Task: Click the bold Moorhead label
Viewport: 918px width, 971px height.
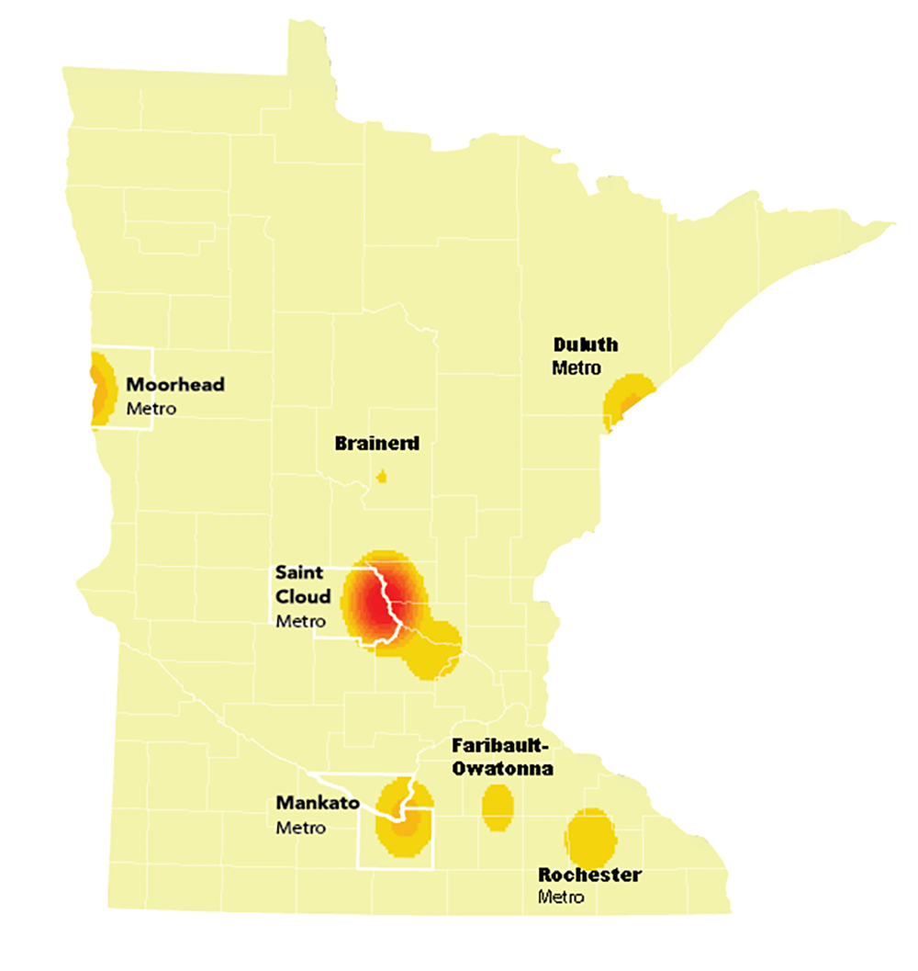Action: click(x=174, y=385)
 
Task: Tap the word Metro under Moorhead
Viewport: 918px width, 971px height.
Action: click(x=151, y=408)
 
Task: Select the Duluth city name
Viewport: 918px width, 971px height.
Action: click(x=585, y=345)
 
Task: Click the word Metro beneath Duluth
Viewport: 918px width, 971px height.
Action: click(x=576, y=367)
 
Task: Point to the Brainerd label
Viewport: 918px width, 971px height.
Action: click(x=376, y=445)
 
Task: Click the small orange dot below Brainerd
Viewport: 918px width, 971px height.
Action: click(x=382, y=477)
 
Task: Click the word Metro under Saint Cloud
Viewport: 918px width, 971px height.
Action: click(x=300, y=621)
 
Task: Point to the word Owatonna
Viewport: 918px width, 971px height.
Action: click(x=503, y=768)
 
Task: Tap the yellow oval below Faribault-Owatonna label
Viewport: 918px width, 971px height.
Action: click(x=497, y=807)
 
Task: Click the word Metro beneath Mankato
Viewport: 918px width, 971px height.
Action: click(x=300, y=828)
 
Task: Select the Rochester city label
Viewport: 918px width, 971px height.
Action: click(x=589, y=875)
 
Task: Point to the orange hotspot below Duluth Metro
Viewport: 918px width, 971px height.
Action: click(x=626, y=401)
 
